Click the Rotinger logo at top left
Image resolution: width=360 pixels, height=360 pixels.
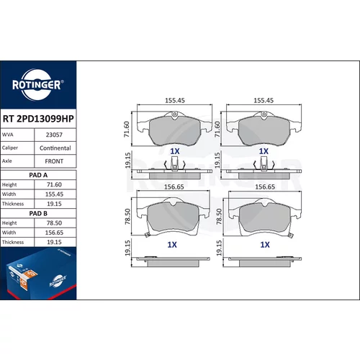click(x=37, y=85)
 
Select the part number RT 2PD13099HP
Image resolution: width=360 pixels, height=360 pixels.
click(x=38, y=119)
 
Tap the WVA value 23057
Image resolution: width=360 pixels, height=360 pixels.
click(x=54, y=135)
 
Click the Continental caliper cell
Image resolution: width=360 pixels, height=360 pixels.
click(x=55, y=148)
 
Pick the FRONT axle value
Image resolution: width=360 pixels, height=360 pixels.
click(x=54, y=161)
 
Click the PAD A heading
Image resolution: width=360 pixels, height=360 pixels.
click(x=38, y=175)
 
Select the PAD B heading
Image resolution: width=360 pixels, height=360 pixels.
click(x=38, y=213)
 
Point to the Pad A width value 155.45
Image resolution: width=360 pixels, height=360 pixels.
click(x=54, y=194)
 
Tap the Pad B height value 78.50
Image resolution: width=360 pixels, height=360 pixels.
click(x=54, y=223)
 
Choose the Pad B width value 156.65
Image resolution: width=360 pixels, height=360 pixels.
click(x=54, y=233)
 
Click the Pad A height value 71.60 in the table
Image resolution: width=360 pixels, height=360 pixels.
click(x=54, y=184)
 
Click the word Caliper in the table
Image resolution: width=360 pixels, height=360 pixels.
click(x=10, y=148)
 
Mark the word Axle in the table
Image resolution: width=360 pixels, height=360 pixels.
click(x=7, y=161)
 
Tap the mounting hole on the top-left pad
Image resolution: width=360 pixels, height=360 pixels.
click(x=175, y=114)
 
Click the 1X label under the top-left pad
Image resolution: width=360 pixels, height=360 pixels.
click(x=175, y=151)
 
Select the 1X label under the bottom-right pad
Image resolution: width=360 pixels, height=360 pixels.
click(x=265, y=245)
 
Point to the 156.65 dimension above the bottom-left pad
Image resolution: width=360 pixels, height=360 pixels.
click(x=174, y=186)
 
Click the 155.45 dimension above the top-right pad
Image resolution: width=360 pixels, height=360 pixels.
click(x=264, y=100)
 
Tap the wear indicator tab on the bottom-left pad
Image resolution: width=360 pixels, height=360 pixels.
click(x=147, y=235)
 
